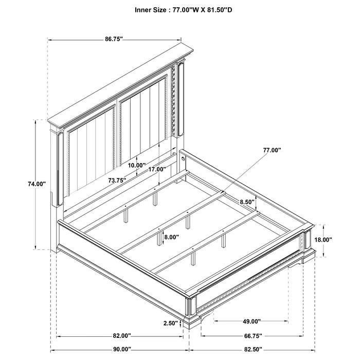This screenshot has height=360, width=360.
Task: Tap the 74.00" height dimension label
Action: click(x=37, y=184)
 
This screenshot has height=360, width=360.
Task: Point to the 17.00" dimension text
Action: click(x=157, y=169)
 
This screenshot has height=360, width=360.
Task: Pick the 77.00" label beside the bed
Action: click(x=272, y=150)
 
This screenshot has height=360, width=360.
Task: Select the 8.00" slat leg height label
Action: click(x=171, y=237)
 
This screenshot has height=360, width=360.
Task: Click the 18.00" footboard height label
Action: click(x=323, y=240)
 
